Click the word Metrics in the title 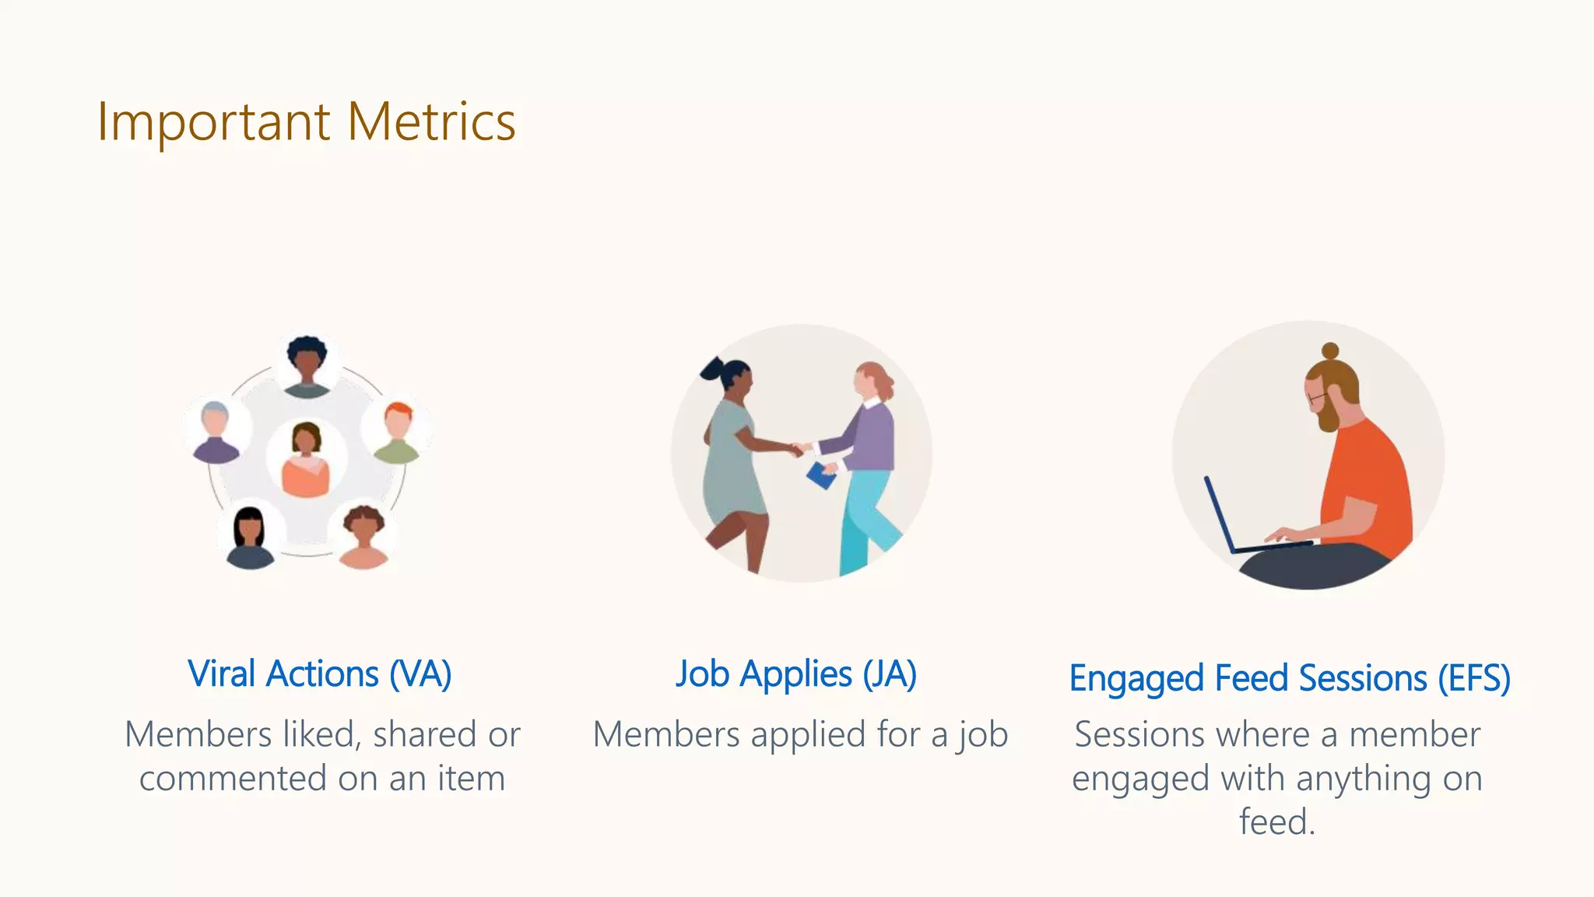(431, 122)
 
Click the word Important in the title (214, 122)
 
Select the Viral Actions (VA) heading (319, 674)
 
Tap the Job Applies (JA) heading (796, 674)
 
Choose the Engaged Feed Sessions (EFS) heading (1290, 678)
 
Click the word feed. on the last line (1277, 822)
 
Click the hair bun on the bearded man (1331, 351)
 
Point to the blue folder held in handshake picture (820, 476)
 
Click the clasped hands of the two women (797, 449)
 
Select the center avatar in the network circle (306, 459)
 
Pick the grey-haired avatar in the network (216, 432)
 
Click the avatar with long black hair (250, 536)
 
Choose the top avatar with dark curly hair (307, 364)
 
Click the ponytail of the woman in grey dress (711, 368)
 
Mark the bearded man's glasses (1315, 399)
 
